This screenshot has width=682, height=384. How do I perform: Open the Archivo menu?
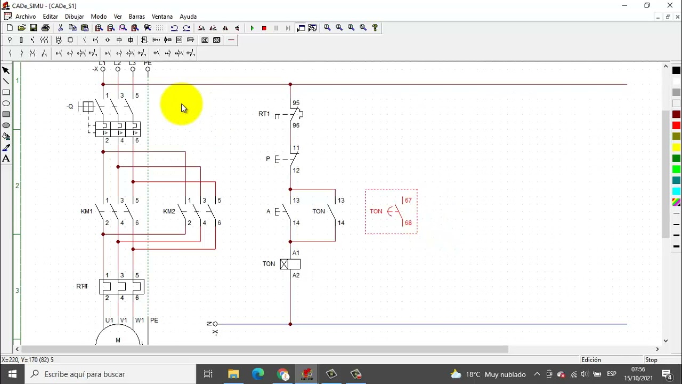point(26,17)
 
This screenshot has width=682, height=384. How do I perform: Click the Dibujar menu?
point(74,17)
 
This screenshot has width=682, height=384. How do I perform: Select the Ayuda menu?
point(188,17)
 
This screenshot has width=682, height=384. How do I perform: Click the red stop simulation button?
point(264,28)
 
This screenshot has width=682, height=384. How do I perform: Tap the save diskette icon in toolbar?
point(34,28)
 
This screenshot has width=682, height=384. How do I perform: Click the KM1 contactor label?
point(87,211)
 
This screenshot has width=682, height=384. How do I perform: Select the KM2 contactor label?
point(169,211)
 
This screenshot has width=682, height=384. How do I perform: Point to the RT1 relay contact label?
point(264,114)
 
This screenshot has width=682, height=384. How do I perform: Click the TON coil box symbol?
point(290,264)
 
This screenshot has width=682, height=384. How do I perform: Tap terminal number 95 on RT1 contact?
point(296,103)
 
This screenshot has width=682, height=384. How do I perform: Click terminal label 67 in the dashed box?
point(408,200)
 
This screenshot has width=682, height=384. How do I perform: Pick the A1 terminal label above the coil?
point(296,253)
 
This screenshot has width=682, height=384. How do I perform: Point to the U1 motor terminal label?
point(109,320)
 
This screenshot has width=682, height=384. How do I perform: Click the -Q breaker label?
point(70,106)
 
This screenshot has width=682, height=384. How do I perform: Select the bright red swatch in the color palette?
point(676,125)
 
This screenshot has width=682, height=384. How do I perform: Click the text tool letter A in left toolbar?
point(6,158)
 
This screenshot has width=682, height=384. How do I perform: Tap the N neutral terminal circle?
point(215,324)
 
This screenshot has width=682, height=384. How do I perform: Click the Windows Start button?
point(12,374)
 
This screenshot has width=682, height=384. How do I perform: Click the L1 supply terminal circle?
point(103,69)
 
